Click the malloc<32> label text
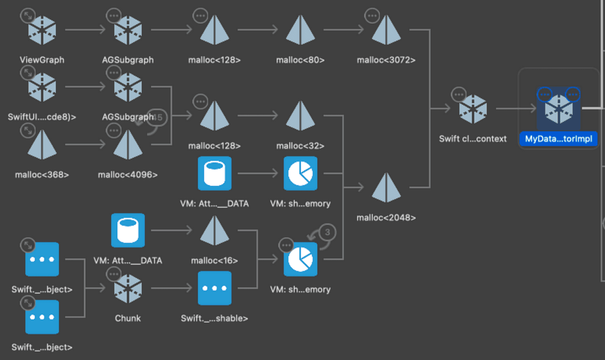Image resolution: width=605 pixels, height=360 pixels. pyautogui.click(x=300, y=146)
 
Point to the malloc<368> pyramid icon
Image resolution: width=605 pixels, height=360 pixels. pyautogui.click(x=42, y=146)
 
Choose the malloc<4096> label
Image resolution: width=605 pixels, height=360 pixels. pyautogui.click(x=128, y=175)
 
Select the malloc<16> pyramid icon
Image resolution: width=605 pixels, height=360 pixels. pyautogui.click(x=215, y=231)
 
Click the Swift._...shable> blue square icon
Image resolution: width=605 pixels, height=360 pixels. pyautogui.click(x=215, y=288)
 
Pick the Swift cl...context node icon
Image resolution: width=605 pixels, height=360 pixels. pyautogui.click(x=472, y=109)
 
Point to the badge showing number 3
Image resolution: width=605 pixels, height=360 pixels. pyautogui.click(x=327, y=232)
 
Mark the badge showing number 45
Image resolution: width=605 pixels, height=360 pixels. pyautogui.click(x=157, y=117)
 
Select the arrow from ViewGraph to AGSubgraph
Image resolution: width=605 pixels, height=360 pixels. pyautogui.click(x=85, y=30)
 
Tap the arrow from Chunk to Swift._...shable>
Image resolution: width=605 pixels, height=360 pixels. pyautogui.click(x=171, y=289)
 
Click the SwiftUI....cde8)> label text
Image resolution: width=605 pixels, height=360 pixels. pyautogui.click(x=42, y=117)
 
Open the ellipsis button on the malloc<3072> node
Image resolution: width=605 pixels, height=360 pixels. pyautogui.click(x=372, y=16)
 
